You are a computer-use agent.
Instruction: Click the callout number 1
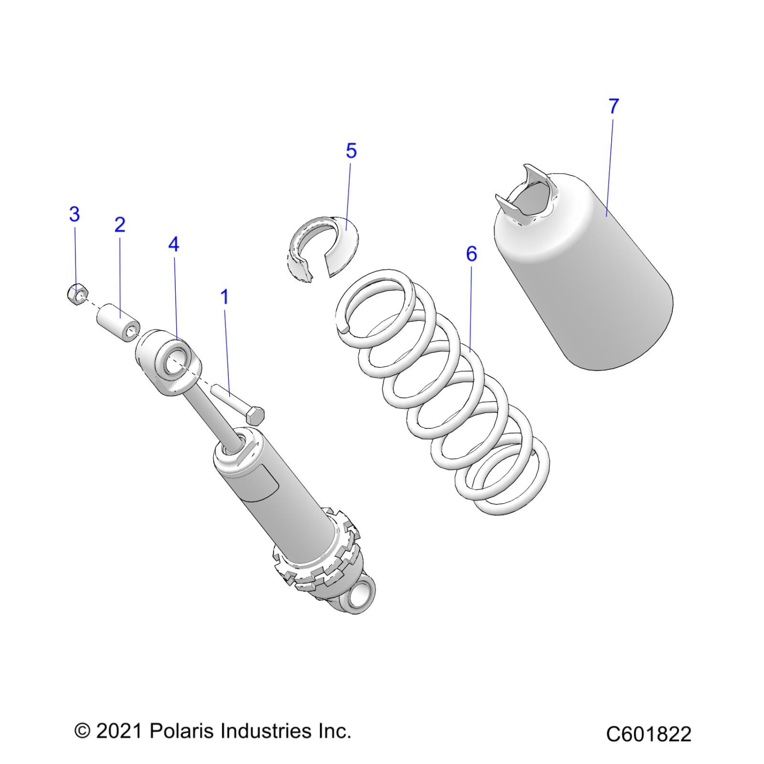coord(225,298)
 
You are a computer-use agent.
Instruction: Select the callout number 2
coord(120,225)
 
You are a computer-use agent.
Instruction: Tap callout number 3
coord(75,214)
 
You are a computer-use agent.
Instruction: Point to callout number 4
coord(173,244)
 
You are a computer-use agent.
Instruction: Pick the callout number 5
coord(351,151)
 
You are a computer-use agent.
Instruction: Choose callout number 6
coord(471,254)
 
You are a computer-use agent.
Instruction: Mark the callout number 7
coord(613,107)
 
